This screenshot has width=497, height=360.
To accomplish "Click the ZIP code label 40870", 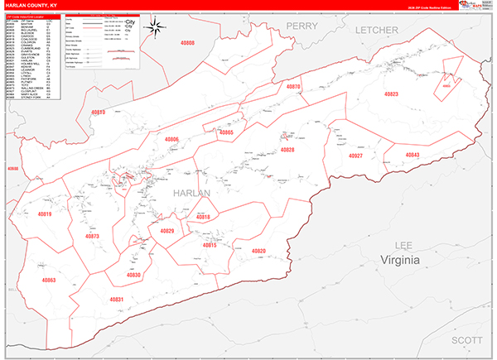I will pos(293,110).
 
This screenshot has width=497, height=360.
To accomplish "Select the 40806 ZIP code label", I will pos(171,140).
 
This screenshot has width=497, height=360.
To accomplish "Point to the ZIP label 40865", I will pos(225,132).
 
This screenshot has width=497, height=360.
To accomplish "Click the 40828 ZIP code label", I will pos(287,150).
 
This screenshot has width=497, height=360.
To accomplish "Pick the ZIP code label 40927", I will pos(356,156).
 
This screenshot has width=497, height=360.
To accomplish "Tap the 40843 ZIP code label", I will pos(413,155).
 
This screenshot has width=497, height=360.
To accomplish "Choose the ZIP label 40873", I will pos(91,237).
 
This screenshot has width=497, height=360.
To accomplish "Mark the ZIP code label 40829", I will pos(166,231).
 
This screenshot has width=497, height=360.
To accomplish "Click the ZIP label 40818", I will pos(203,217).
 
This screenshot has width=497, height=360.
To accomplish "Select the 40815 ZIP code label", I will pos(209,245).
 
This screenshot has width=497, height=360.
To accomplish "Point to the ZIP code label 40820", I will pos(258,251).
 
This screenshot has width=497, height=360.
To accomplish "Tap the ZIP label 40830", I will pos(133,275).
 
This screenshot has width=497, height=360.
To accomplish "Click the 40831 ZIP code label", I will pos(116,299).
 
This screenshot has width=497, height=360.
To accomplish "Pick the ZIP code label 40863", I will pos(48,281).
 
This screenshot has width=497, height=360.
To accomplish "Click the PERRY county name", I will pos(302,26).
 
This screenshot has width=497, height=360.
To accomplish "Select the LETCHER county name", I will pos(377,30).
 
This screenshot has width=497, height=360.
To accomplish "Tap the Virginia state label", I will pos(401,261).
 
